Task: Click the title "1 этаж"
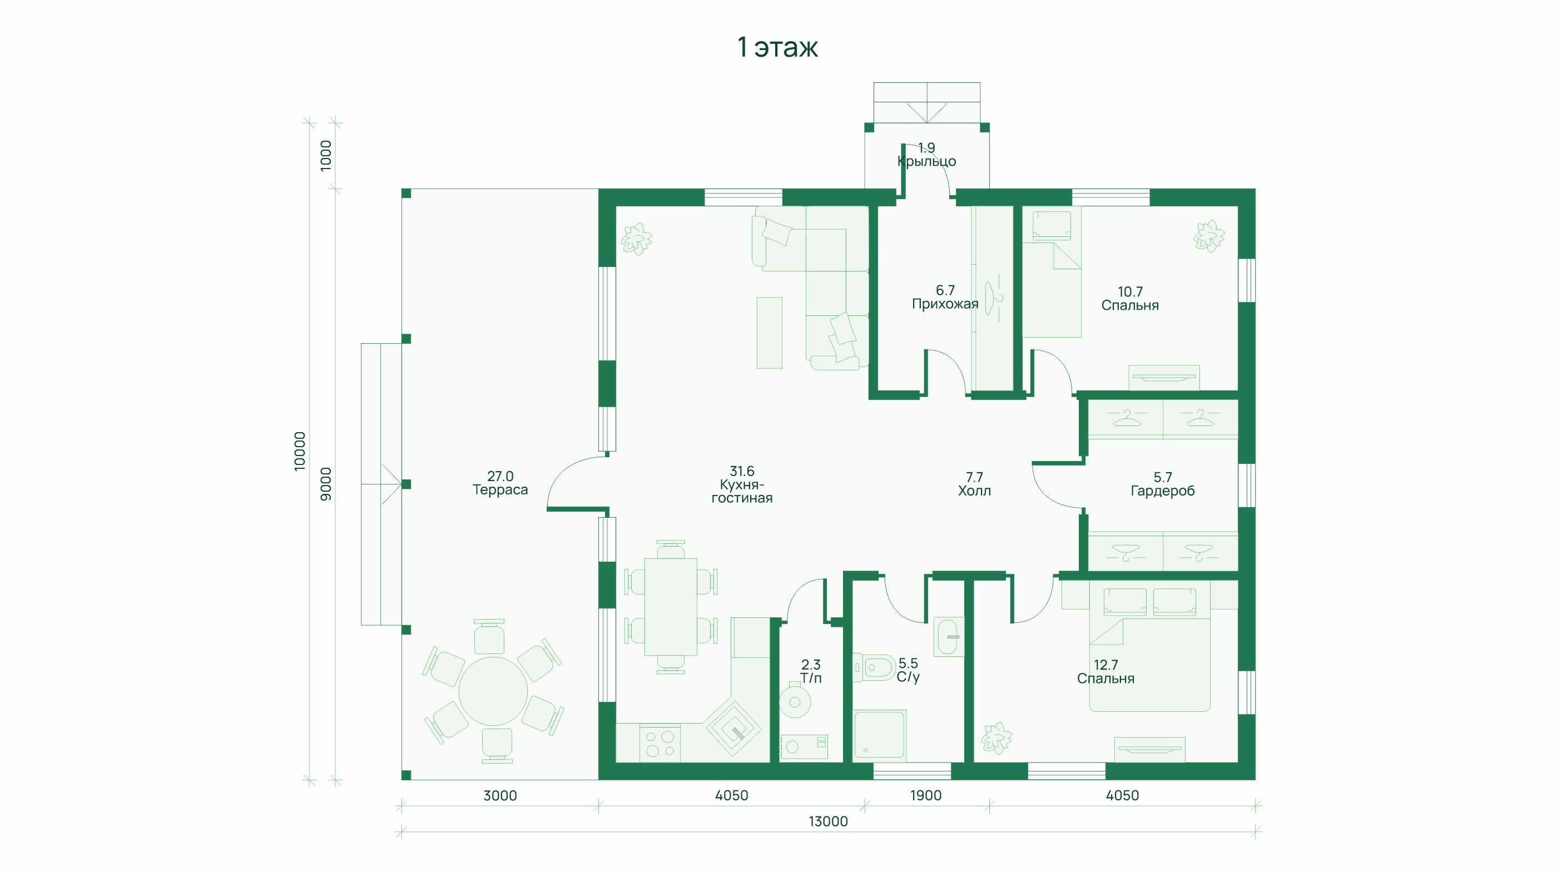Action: [778, 47]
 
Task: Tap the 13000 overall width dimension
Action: [828, 821]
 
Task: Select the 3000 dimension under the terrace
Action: [500, 795]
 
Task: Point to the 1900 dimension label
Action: [926, 795]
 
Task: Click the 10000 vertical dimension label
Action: [300, 452]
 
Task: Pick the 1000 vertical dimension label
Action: [326, 156]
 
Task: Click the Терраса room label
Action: [500, 489]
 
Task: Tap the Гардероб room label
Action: [1162, 491]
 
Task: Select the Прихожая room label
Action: [945, 304]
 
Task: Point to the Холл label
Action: [974, 491]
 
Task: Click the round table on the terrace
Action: [493, 691]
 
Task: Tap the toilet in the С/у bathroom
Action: [874, 667]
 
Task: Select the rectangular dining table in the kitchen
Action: [671, 607]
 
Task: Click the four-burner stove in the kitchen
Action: [660, 744]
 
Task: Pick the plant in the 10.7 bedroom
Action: [1209, 236]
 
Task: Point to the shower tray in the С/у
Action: [879, 735]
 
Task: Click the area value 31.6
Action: [742, 471]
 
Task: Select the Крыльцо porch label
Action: [926, 161]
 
